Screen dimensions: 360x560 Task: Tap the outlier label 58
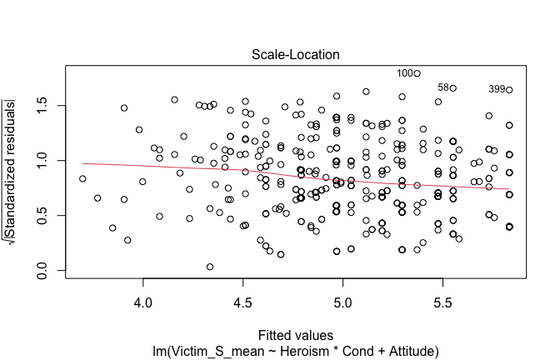pyautogui.click(x=443, y=87)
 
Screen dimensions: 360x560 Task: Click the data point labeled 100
pyautogui.click(x=417, y=73)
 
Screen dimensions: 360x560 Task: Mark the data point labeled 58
pyautogui.click(x=454, y=87)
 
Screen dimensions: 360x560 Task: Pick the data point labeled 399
pyautogui.click(x=509, y=89)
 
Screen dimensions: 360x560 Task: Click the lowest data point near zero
pyautogui.click(x=210, y=267)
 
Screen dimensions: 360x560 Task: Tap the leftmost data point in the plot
pyautogui.click(x=82, y=178)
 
